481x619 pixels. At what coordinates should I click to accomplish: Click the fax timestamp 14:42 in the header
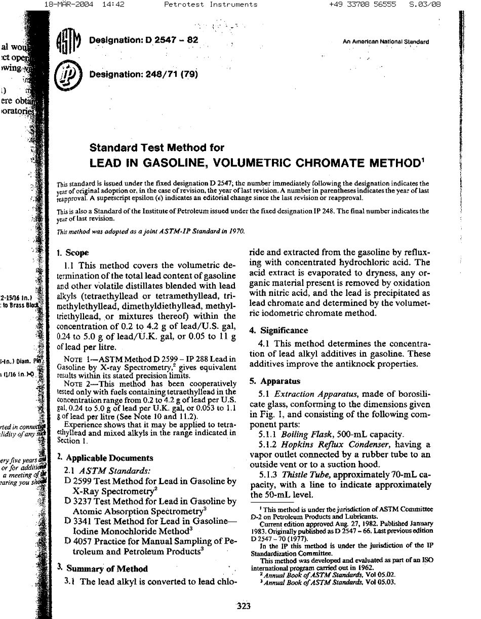pos(112,5)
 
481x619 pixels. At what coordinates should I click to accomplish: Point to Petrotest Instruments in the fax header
pos(211,5)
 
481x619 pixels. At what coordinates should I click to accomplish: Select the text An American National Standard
pos(386,42)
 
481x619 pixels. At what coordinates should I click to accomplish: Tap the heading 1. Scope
pos(73,252)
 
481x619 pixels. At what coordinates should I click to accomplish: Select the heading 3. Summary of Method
pos(102,568)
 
